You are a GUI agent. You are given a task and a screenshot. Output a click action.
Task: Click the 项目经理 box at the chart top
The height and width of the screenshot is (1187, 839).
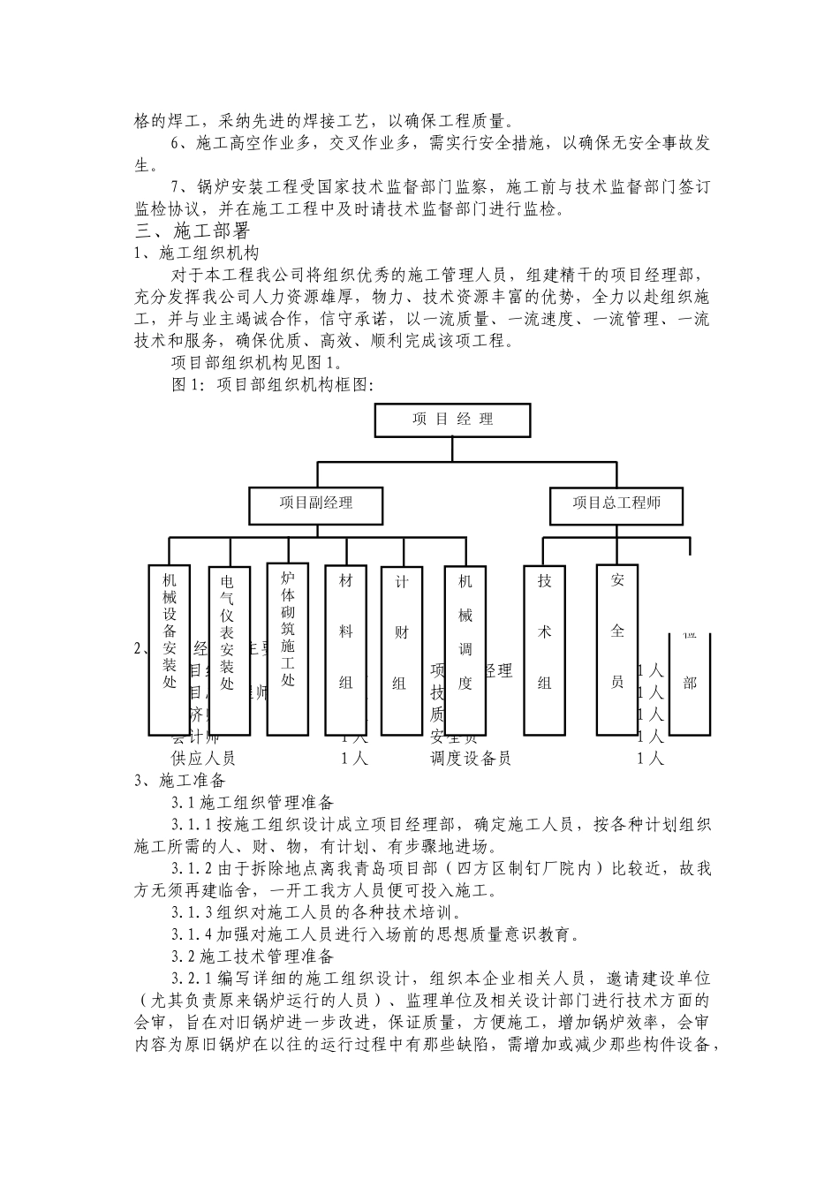coord(452,420)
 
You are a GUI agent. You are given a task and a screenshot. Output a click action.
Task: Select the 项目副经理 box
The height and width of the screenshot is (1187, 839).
coord(316,503)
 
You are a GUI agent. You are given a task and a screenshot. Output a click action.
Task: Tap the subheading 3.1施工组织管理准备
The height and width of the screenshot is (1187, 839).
coord(253,803)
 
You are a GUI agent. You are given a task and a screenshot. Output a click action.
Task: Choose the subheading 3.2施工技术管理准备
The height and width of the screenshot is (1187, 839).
coord(253,956)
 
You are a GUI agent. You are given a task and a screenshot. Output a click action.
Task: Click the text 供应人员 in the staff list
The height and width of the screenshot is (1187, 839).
coord(203,759)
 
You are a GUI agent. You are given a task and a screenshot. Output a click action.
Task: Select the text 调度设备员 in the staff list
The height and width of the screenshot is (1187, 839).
coord(471,759)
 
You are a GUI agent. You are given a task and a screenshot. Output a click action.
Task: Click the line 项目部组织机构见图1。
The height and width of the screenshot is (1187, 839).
coord(256,363)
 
